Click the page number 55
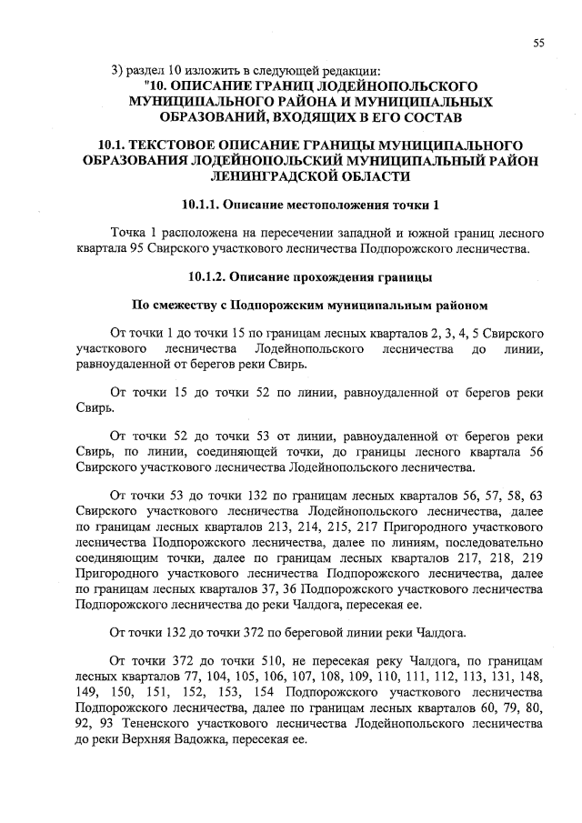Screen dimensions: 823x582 coord(538,43)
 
